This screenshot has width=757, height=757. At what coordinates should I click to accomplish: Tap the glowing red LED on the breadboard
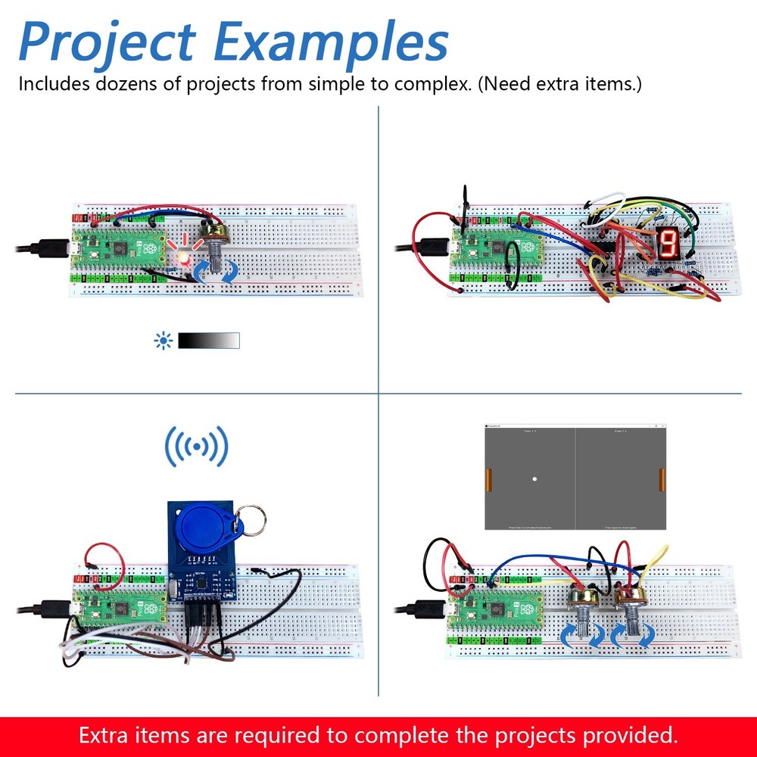(x=182, y=257)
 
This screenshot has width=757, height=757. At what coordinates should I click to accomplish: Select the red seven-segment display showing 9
(x=668, y=242)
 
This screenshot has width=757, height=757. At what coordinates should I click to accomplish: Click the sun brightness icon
(x=163, y=341)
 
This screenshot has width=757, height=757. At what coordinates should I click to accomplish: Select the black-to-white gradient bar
(x=209, y=341)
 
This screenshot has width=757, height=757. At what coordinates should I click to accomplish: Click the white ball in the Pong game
(x=534, y=479)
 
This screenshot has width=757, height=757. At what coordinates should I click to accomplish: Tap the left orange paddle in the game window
(x=488, y=478)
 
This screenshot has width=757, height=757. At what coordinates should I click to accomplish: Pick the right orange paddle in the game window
(x=663, y=478)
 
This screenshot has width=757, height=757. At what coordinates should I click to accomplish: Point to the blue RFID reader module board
(x=200, y=560)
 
